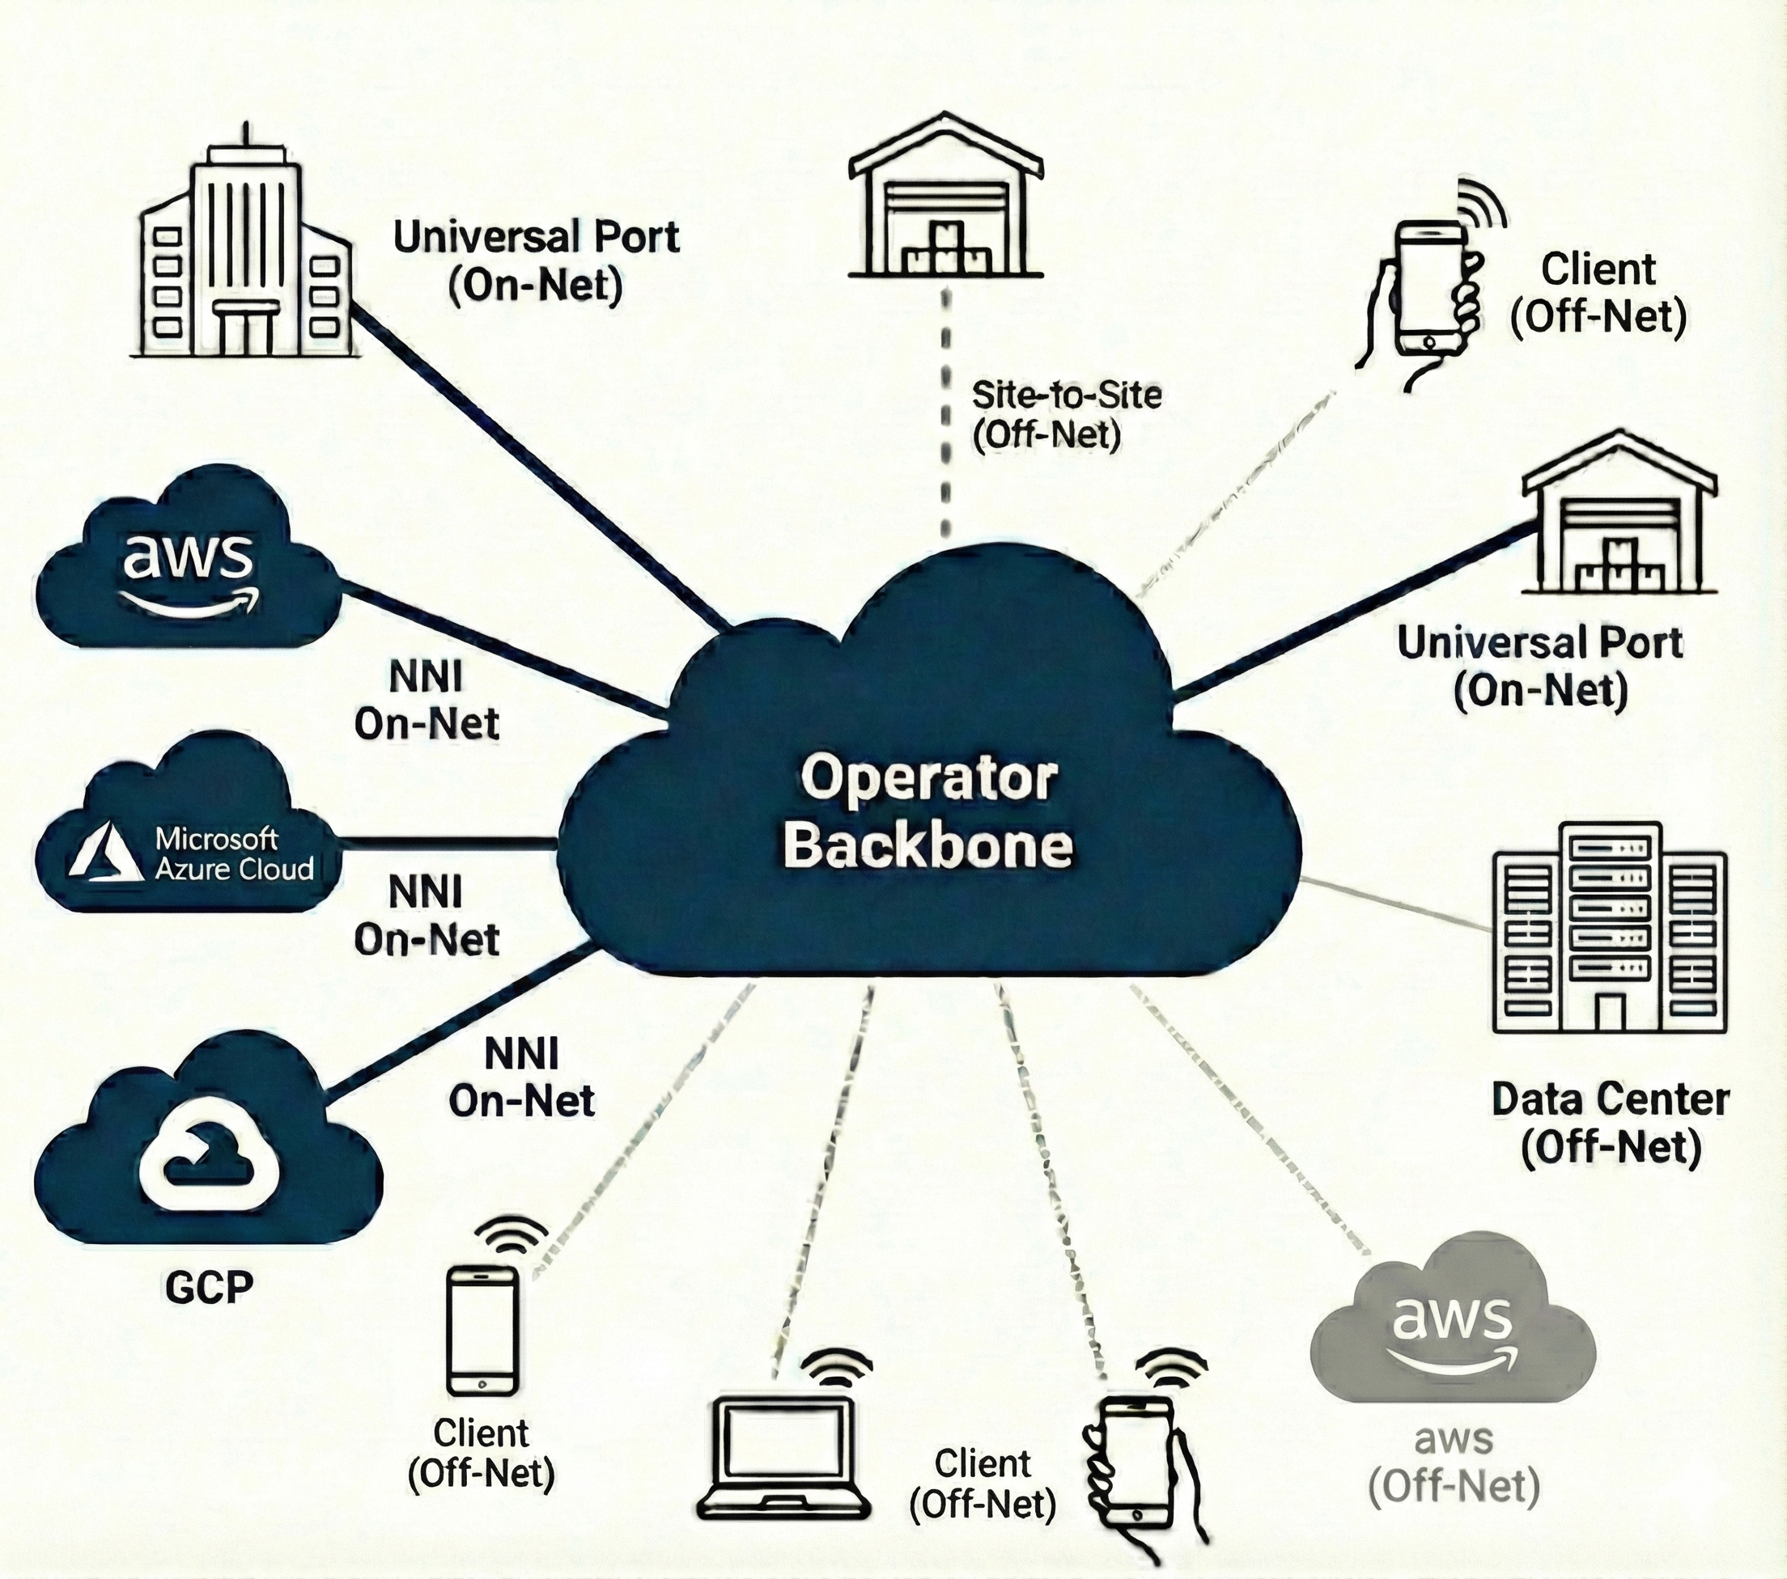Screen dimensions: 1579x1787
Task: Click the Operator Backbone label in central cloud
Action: click(x=928, y=813)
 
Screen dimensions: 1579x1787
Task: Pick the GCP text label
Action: click(x=209, y=1287)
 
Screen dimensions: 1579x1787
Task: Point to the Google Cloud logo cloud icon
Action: click(x=207, y=1154)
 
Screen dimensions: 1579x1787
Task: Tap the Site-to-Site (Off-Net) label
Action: click(x=1066, y=415)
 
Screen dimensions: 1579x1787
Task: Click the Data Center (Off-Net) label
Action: click(x=1610, y=1123)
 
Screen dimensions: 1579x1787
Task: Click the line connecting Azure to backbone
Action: click(x=446, y=842)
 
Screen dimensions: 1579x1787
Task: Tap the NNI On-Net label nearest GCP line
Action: click(x=521, y=1077)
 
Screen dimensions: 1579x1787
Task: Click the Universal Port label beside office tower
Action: click(x=536, y=261)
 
